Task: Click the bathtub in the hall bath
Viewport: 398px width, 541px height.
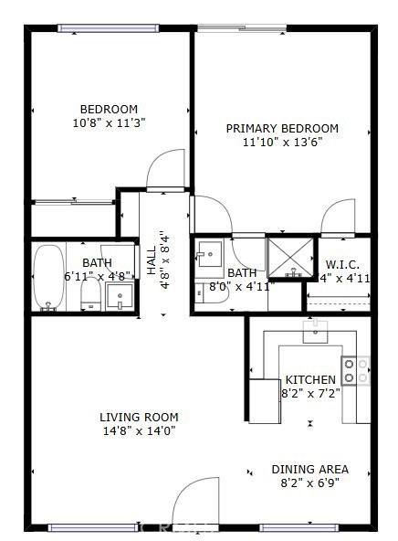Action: [48, 278]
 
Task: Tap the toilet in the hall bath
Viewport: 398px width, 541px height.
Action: [90, 293]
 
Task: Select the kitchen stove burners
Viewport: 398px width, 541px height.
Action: [355, 370]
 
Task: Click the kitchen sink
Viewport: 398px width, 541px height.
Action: [315, 332]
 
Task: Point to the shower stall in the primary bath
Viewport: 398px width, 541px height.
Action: [291, 258]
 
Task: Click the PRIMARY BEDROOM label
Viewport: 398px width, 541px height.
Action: [282, 128]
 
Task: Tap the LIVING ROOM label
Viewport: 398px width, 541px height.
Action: [139, 417]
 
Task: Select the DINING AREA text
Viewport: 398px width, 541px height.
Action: [309, 469]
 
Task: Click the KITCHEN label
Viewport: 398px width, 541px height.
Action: [310, 380]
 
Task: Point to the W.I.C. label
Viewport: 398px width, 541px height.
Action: [342, 265]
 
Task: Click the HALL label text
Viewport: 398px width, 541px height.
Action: [152, 260]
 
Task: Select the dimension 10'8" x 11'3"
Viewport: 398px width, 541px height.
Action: [109, 122]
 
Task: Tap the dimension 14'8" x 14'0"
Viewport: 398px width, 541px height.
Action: [140, 430]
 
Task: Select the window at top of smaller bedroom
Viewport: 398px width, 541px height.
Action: [109, 28]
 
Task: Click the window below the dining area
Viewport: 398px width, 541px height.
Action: [299, 528]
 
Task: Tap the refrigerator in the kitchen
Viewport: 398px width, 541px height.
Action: [265, 401]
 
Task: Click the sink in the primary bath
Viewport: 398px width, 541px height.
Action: [210, 254]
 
